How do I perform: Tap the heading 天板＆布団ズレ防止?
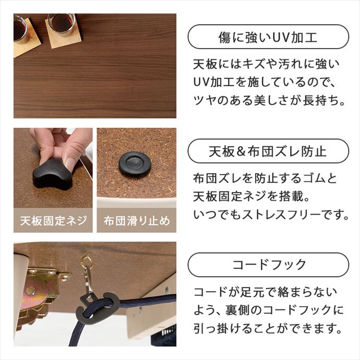(268, 151)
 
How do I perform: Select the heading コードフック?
(268, 265)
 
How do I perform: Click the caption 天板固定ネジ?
(53, 220)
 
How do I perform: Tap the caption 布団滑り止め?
(137, 220)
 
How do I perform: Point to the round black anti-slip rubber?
(135, 164)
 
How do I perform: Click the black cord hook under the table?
(97, 308)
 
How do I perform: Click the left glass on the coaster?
(20, 30)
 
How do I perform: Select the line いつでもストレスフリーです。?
(270, 214)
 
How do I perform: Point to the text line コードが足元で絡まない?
(265, 292)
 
